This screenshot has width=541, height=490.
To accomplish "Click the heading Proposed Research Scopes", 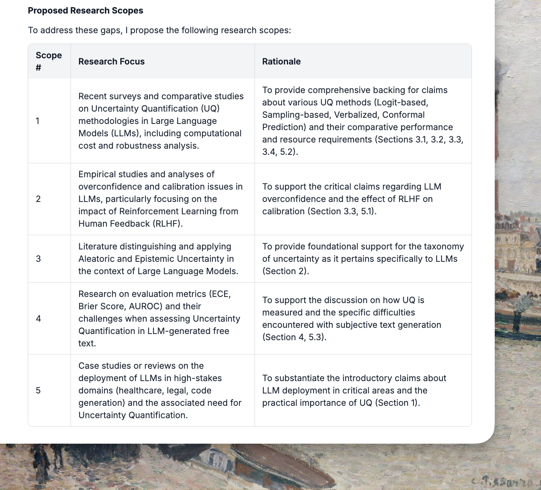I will pyautogui.click(x=85, y=10).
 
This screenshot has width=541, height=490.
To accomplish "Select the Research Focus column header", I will pyautogui.click(x=111, y=61).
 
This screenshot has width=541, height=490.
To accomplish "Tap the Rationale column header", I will pyautogui.click(x=281, y=61).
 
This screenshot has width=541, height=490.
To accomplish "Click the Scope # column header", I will pyautogui.click(x=49, y=61).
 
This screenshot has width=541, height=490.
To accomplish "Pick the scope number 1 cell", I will pyautogui.click(x=37, y=121).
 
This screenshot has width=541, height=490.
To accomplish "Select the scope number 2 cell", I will pyautogui.click(x=38, y=199).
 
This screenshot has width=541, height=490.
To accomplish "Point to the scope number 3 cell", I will pyautogui.click(x=38, y=259).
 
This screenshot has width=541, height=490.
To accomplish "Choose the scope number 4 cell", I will pyautogui.click(x=38, y=319).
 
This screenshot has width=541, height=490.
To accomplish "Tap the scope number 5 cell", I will pyautogui.click(x=38, y=390).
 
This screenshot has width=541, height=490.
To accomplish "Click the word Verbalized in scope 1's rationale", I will pyautogui.click(x=354, y=115).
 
